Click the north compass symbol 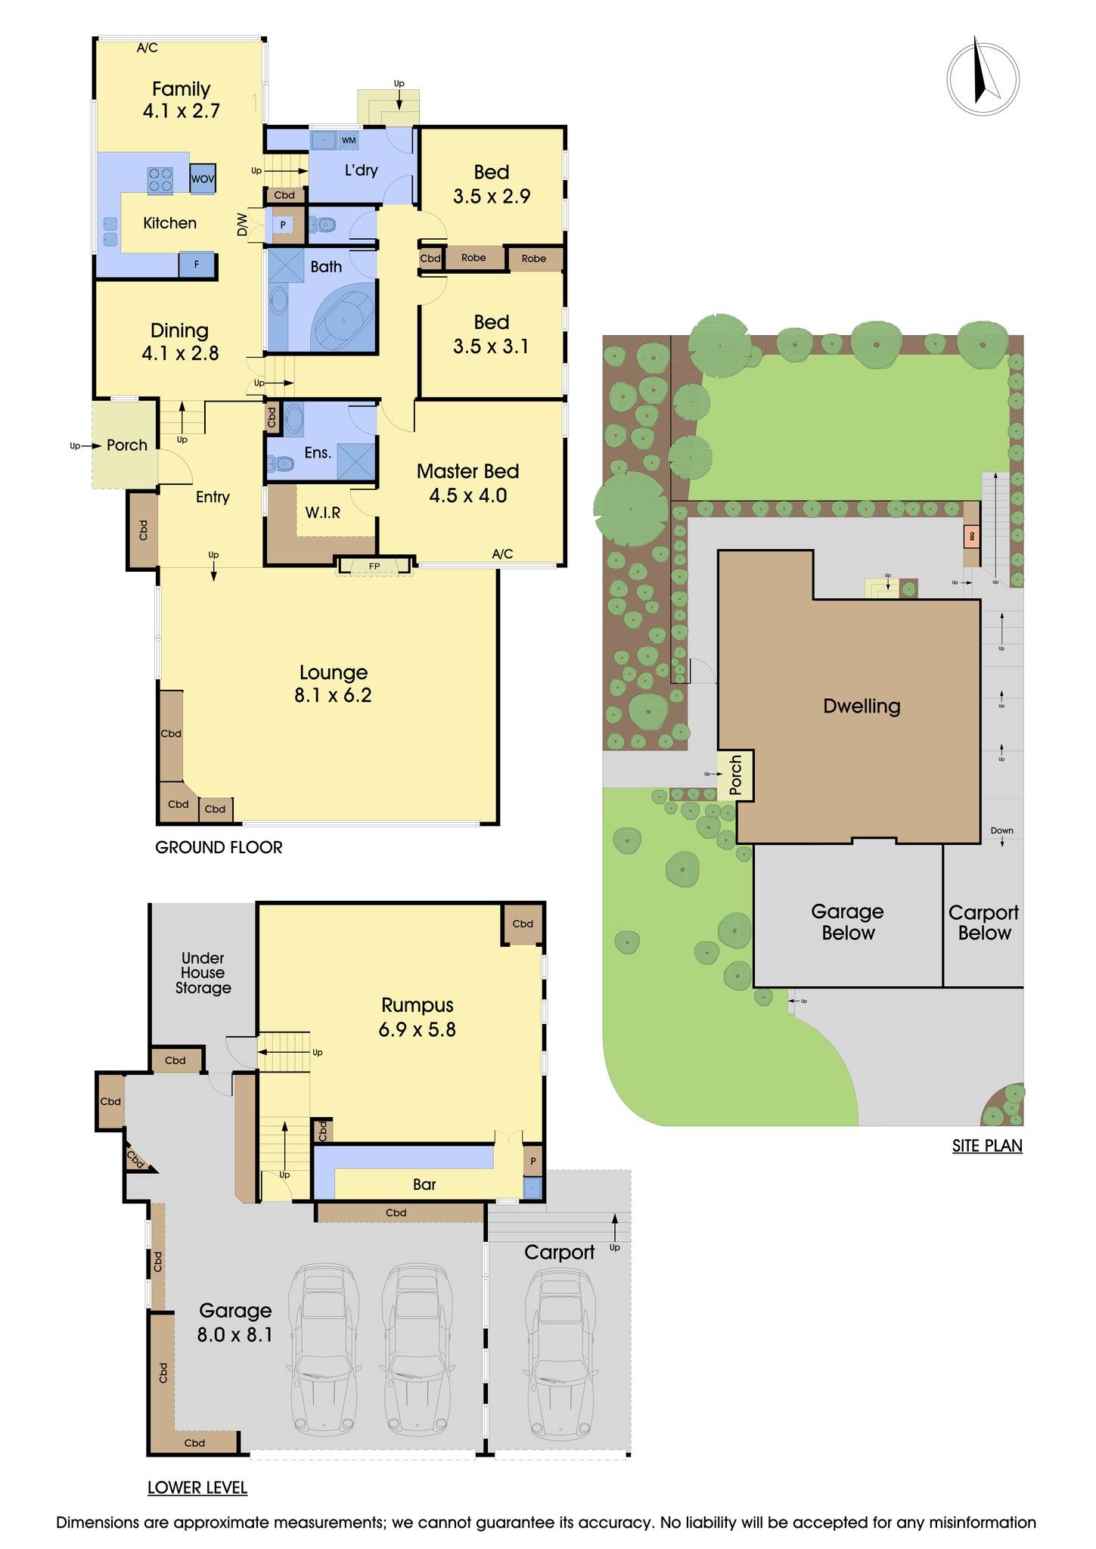(983, 79)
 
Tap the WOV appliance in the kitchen (202, 179)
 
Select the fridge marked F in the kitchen (197, 265)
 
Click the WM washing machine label (349, 140)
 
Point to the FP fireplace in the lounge (374, 566)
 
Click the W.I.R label (323, 513)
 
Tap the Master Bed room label (467, 471)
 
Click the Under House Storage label (203, 973)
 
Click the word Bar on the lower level (424, 1184)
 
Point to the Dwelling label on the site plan (862, 706)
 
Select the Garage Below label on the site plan (848, 922)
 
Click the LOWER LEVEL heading (197, 1488)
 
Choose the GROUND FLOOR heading (219, 847)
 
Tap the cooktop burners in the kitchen (160, 179)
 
